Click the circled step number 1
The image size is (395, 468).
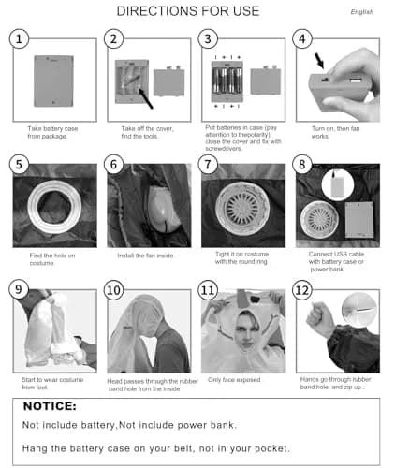[19, 38]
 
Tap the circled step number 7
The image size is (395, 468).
[208, 165]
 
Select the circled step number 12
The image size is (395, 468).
[302, 290]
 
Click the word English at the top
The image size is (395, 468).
[362, 12]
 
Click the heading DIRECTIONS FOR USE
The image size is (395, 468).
[188, 11]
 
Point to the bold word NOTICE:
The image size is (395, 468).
[50, 406]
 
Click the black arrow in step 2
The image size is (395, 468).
[146, 98]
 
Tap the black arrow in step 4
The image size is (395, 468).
[319, 61]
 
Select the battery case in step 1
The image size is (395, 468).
[53, 81]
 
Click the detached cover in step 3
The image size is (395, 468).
[266, 80]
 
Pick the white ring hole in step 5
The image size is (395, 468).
[54, 207]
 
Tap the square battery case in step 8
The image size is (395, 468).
[359, 220]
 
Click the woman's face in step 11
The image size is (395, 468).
[246, 331]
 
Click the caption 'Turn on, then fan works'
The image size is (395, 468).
[335, 132]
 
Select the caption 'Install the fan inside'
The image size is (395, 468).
[145, 256]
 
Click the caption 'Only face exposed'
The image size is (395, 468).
[234, 380]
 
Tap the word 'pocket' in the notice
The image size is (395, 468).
[272, 448]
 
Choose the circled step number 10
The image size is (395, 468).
[113, 290]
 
